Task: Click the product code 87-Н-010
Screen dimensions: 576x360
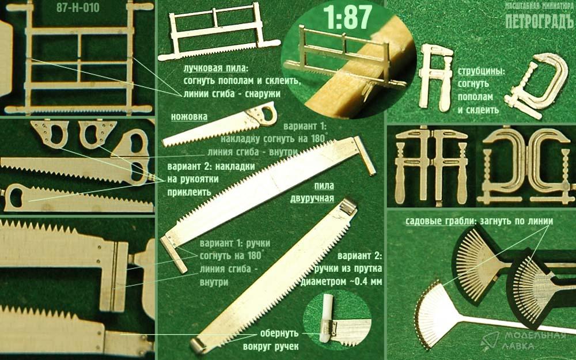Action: [78, 7]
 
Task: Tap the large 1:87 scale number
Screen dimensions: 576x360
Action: [347, 17]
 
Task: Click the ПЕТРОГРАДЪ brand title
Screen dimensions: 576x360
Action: [539, 22]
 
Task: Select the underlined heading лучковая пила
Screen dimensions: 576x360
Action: [215, 69]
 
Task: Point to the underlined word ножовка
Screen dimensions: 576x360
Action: [189, 117]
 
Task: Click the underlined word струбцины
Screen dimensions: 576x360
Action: [481, 71]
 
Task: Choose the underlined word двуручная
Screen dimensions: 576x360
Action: [312, 199]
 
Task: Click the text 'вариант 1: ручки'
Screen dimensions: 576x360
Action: [235, 243]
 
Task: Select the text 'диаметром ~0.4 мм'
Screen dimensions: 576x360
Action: [341, 282]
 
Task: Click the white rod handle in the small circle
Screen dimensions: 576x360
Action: [326, 317]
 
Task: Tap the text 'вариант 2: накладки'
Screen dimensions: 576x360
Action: [211, 166]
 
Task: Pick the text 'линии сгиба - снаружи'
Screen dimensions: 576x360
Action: [232, 94]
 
